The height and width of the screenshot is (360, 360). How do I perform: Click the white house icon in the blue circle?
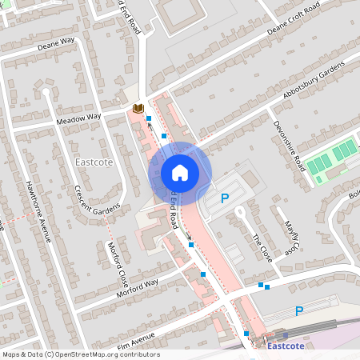click(179, 172)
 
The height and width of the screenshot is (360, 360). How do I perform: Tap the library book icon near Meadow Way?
click(138, 108)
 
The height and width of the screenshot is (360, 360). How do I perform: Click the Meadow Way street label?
click(78, 118)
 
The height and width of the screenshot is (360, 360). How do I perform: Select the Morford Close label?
click(118, 263)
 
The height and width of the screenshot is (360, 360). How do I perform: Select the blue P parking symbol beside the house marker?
click(224, 198)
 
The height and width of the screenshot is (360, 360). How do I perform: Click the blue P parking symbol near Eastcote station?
click(299, 311)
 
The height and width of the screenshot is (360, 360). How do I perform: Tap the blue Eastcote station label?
click(286, 346)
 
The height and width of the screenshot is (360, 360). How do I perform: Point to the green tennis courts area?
click(332, 157)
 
